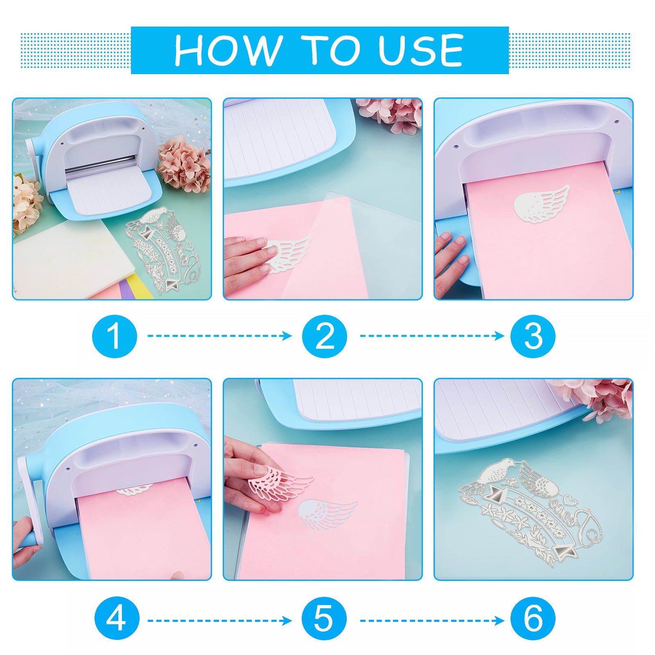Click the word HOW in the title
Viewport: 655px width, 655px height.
pos(228,50)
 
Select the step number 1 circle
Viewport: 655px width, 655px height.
pos(115,336)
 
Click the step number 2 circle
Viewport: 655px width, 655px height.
pos(325,336)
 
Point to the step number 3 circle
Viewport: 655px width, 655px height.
pos(533,336)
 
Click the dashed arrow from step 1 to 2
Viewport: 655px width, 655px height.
pos(220,336)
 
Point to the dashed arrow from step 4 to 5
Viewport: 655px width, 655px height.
pos(220,621)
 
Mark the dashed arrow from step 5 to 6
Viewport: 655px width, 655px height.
pos(432,621)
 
